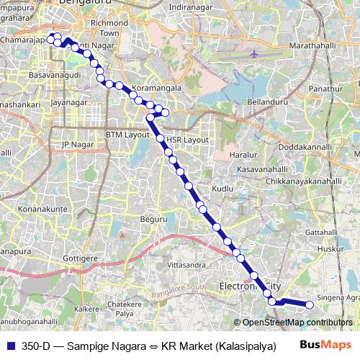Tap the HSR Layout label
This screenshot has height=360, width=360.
[x=186, y=139]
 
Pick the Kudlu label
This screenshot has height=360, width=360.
[x=223, y=188]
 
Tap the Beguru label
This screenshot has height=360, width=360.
[x=153, y=218]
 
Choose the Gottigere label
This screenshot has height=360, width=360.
[x=80, y=257]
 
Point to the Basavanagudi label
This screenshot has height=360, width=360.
[x=48, y=75]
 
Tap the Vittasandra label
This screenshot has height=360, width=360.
[x=181, y=265]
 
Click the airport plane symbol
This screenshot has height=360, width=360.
[x=256, y=54]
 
